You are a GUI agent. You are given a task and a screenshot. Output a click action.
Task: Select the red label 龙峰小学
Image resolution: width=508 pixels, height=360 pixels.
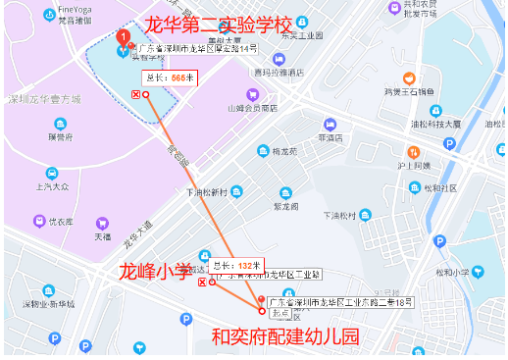click(x=156, y=270)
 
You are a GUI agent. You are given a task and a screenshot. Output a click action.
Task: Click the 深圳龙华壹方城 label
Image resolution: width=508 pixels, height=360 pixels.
click(x=45, y=98)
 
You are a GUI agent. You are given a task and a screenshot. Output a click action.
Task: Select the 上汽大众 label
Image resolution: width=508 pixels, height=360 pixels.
click(x=51, y=184)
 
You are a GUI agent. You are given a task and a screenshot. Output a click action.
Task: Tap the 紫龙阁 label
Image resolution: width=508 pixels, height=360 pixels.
click(x=285, y=207)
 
